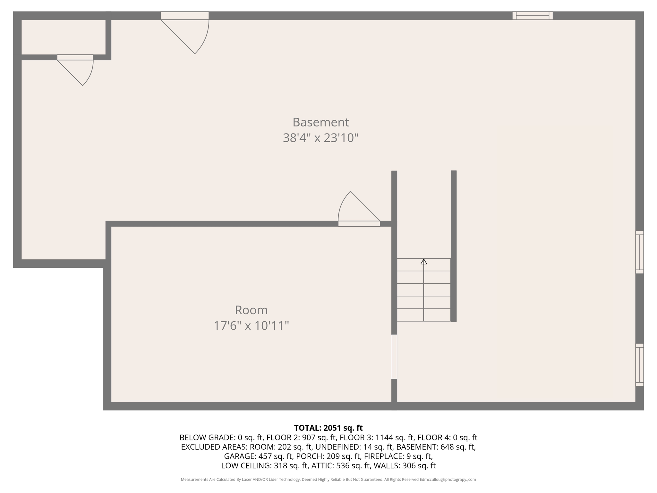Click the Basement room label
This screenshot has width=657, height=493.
(x=320, y=122)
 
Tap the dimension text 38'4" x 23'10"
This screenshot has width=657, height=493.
(x=320, y=138)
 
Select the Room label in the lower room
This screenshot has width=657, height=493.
(x=251, y=310)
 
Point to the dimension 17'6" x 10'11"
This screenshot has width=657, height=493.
(x=251, y=326)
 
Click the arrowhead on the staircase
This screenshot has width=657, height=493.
(x=424, y=262)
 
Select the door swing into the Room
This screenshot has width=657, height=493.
(x=356, y=209)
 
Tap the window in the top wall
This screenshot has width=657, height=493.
(x=533, y=15)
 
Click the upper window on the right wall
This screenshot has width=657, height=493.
(x=639, y=252)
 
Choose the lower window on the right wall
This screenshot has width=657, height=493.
(x=639, y=365)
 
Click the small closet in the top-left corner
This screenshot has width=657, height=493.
(x=63, y=37)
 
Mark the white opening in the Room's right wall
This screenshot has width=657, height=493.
(x=394, y=357)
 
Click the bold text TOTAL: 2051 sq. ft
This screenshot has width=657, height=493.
(x=328, y=428)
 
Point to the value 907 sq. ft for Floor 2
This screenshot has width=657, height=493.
(x=319, y=437)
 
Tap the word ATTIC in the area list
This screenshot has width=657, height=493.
(x=322, y=466)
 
